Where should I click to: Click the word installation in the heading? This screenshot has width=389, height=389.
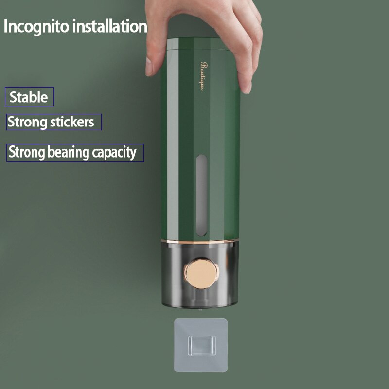click(110, 26)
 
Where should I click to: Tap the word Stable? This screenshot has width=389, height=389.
click(29, 97)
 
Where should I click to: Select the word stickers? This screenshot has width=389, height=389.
click(72, 122)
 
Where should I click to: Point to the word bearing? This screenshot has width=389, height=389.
click(68, 152)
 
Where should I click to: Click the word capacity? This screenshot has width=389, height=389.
click(114, 153)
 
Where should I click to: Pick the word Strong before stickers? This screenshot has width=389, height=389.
click(28, 122)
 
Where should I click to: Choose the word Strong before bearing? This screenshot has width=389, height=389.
click(27, 152)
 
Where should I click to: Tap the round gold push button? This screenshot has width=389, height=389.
click(201, 273)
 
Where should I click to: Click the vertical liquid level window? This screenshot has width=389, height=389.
click(201, 195)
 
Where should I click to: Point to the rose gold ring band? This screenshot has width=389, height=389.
click(200, 241)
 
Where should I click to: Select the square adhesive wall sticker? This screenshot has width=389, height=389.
click(201, 345)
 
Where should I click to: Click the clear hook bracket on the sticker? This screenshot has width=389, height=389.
click(201, 346)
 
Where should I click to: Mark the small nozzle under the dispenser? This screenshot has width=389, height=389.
click(200, 309)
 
